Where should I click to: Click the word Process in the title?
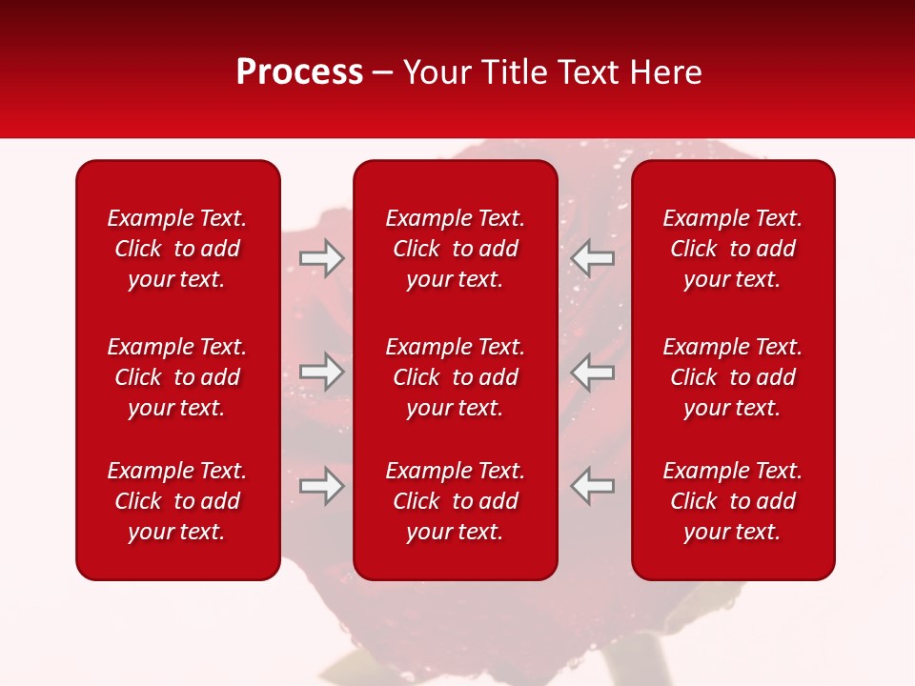[x=299, y=72]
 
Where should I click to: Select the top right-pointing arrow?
[x=322, y=258]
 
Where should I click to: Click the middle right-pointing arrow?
[x=322, y=372]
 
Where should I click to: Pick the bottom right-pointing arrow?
[x=322, y=485]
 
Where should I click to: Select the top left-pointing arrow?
[x=592, y=258]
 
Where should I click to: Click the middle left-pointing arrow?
[x=592, y=372]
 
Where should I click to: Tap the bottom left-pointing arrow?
[x=592, y=485]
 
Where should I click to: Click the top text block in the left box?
[x=177, y=249]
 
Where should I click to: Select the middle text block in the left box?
[x=177, y=377]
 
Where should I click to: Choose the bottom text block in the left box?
[x=177, y=501]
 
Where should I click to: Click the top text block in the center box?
[x=455, y=249]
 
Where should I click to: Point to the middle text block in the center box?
[x=455, y=377]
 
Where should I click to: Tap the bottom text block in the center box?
[x=455, y=501]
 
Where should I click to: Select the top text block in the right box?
[x=732, y=249]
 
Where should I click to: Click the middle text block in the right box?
[x=732, y=377]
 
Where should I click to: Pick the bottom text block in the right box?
[x=732, y=501]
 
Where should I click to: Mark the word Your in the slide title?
[x=435, y=72]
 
